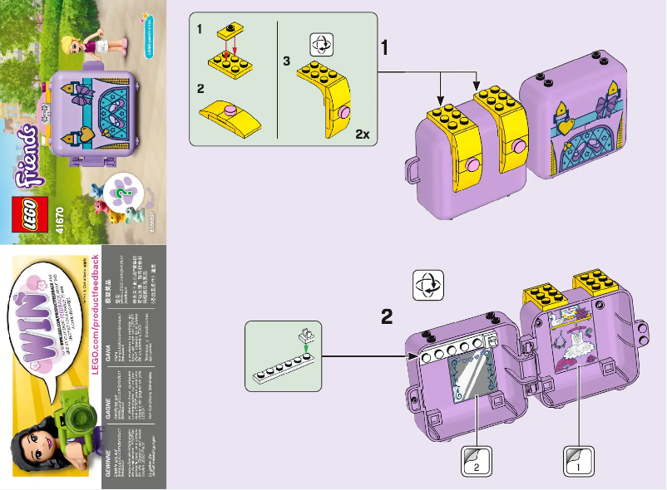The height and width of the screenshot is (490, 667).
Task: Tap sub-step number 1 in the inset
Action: [x=200, y=29]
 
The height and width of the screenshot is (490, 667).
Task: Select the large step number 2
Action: [x=387, y=316]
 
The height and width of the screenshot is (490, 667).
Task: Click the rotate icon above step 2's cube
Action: [x=429, y=284]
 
